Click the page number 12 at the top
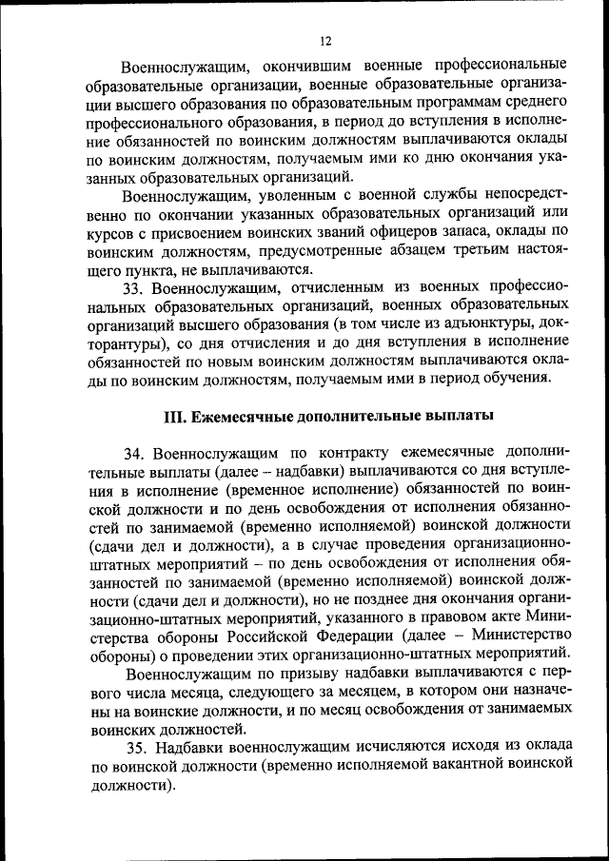[324, 41]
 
